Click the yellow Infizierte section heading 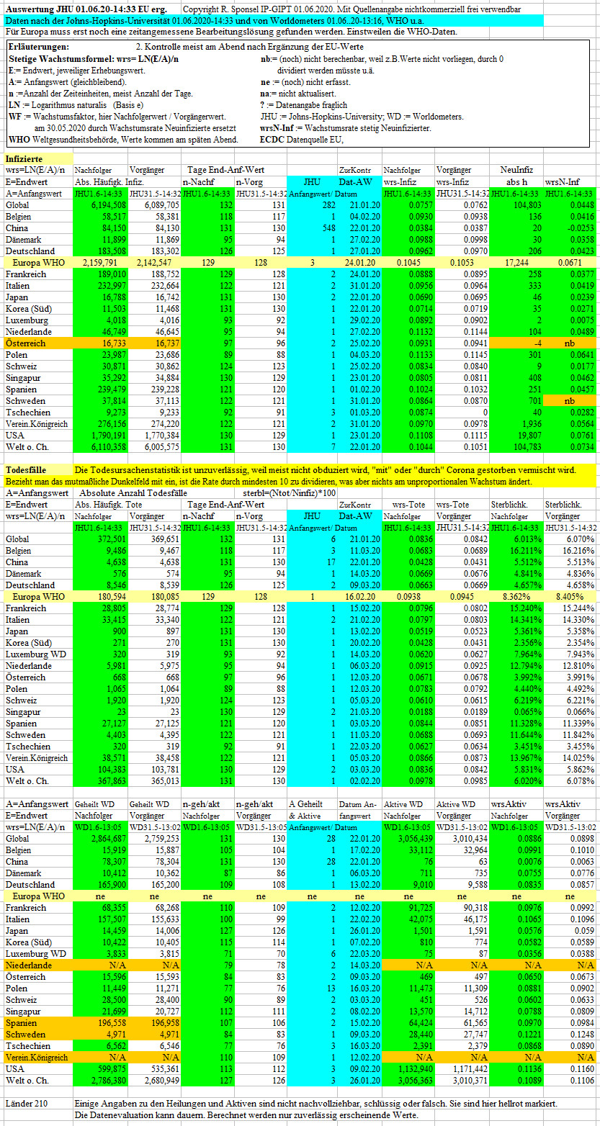coord(24,159)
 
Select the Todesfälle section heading coord(26,470)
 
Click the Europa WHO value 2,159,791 coord(99,262)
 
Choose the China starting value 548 coord(328,228)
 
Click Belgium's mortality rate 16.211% coord(526,551)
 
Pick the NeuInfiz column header coord(516,171)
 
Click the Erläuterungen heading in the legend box coord(39,47)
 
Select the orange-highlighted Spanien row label coord(21,1022)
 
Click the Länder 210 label coord(27,1104)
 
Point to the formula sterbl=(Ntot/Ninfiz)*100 coord(289,493)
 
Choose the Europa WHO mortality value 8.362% coord(516,597)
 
